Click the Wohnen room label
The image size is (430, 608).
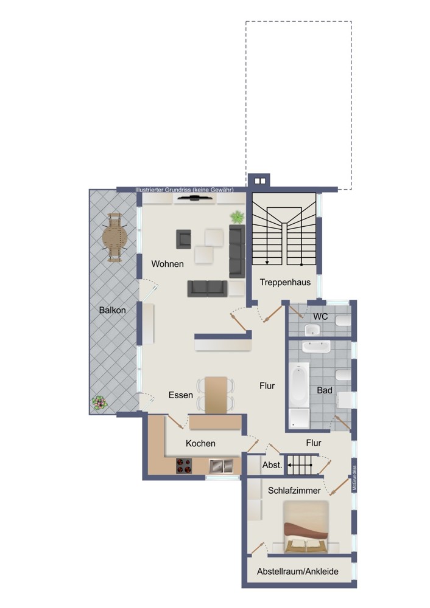point(167,264)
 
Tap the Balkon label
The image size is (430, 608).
point(112,310)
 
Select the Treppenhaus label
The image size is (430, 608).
point(285,282)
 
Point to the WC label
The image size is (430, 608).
point(320,316)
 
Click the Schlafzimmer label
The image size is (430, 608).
point(294,491)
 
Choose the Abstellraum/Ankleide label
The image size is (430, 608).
point(298,571)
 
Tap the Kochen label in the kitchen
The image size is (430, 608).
point(200,443)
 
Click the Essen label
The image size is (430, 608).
point(181,395)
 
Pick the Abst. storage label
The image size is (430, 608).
point(272,465)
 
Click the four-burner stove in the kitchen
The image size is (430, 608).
point(184,466)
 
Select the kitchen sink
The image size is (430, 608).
point(221,466)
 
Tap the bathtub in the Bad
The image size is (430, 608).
point(298,385)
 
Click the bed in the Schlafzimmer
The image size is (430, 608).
point(306,527)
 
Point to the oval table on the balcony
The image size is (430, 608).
point(115,238)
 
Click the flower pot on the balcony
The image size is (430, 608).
point(99,403)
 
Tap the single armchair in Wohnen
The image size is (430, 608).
point(184,239)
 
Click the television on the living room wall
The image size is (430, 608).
point(195,198)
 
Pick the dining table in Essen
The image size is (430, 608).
point(216,395)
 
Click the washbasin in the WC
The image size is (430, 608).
point(312,330)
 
